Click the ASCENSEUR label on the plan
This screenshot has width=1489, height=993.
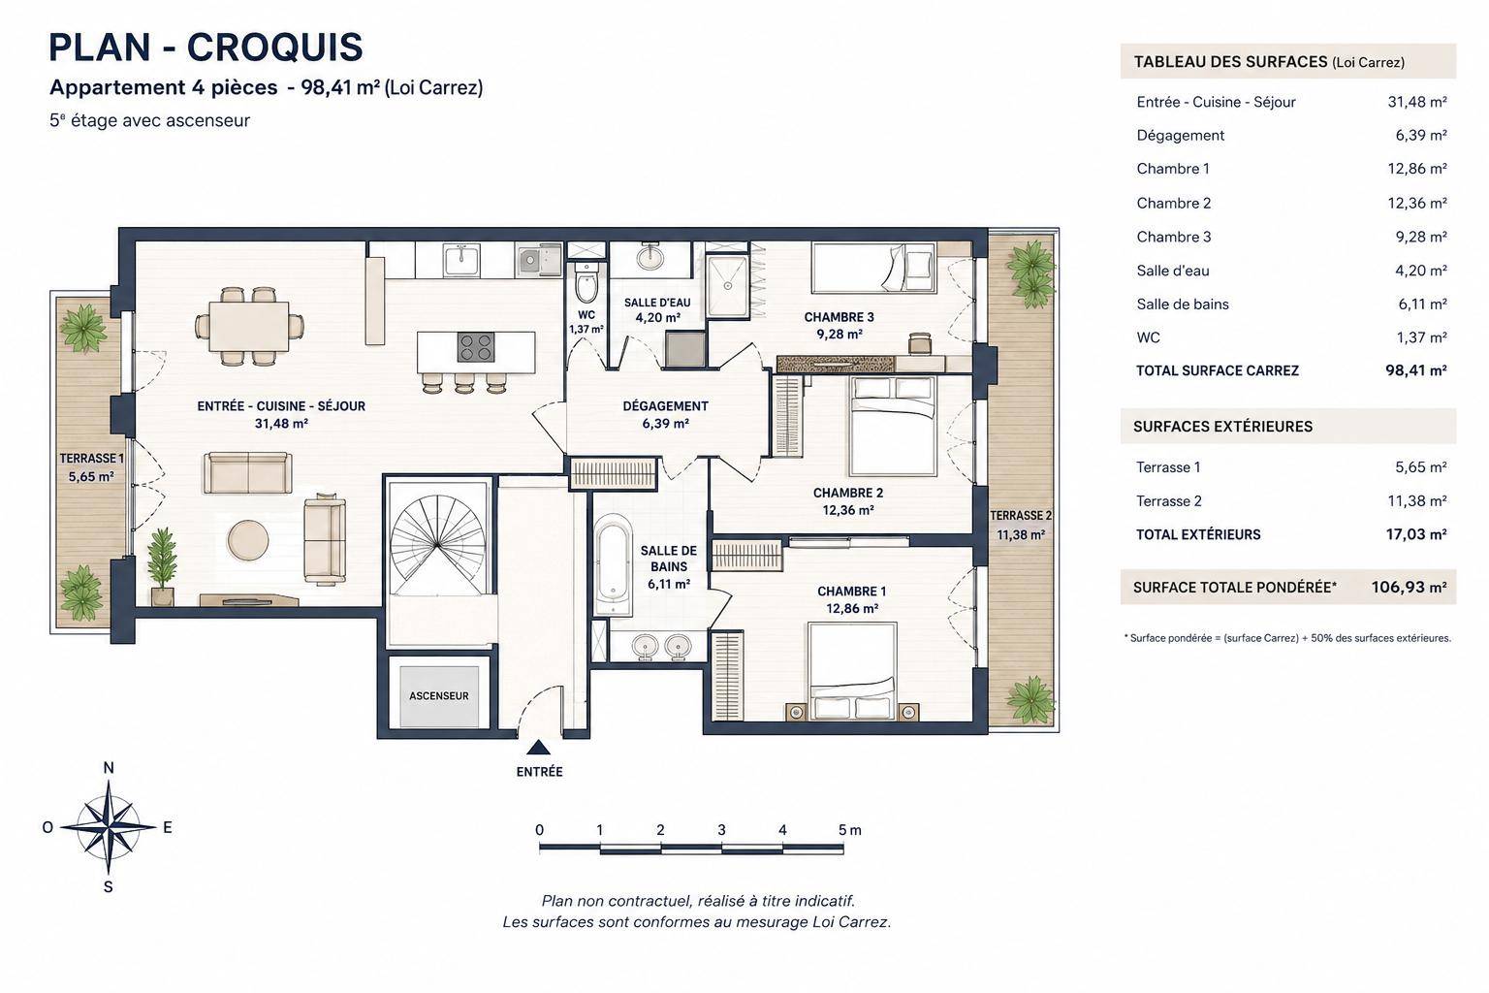[x=439, y=695]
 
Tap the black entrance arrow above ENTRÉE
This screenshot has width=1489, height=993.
[x=538, y=748]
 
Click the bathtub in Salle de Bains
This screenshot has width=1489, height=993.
[x=613, y=562]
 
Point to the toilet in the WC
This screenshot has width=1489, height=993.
[x=586, y=282]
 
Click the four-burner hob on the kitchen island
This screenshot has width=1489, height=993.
[x=476, y=346]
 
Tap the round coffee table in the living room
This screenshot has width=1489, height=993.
[x=248, y=540]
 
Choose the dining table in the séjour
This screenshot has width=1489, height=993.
[x=249, y=327]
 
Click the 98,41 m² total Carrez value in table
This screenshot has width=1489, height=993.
[x=1416, y=370]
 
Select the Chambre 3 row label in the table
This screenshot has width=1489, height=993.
[x=1174, y=237]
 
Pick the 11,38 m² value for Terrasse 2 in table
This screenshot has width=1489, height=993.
[x=1417, y=500]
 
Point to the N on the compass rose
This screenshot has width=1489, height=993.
[x=109, y=768]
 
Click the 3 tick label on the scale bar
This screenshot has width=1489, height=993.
[x=722, y=830]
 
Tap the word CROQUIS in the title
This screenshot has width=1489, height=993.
[x=275, y=48]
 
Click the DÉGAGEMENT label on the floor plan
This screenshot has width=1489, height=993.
[x=665, y=405]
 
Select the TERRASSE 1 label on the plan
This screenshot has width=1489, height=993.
[x=92, y=459]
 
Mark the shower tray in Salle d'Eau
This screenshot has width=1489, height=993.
[x=727, y=286]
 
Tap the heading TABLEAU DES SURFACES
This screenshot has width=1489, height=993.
[x=1230, y=62]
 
